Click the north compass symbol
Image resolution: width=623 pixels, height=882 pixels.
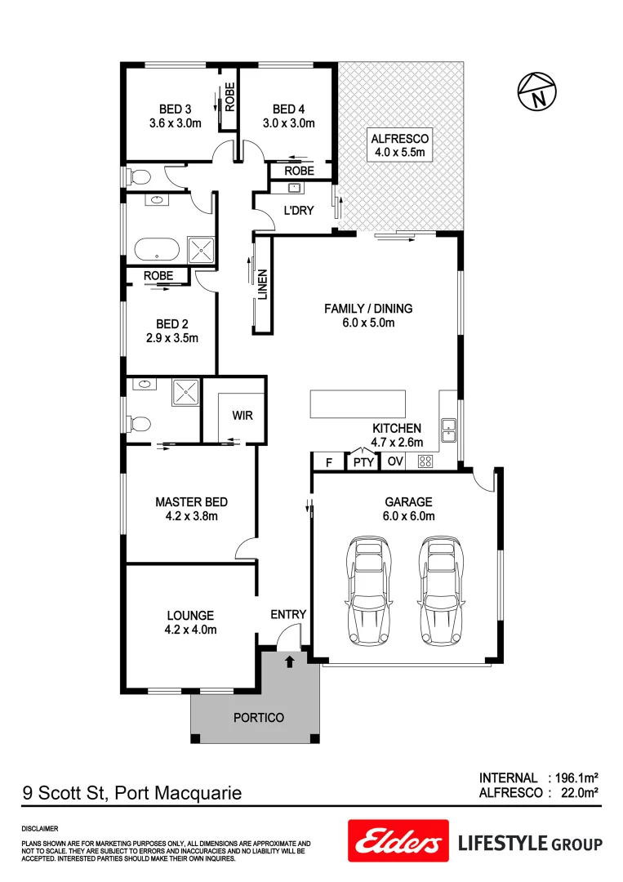536,91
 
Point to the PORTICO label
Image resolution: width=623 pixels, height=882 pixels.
259,718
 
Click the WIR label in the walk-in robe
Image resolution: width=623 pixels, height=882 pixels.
243,416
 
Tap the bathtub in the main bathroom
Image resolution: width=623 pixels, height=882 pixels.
155,251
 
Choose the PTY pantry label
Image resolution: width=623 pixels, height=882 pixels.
363,462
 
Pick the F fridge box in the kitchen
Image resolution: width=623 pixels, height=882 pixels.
328,462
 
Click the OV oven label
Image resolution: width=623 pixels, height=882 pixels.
394,462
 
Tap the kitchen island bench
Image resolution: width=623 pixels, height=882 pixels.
357,403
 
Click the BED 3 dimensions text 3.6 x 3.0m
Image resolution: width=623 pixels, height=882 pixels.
175,124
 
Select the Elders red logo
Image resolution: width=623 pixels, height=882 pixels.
398,841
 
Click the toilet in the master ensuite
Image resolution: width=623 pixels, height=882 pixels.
140,424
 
